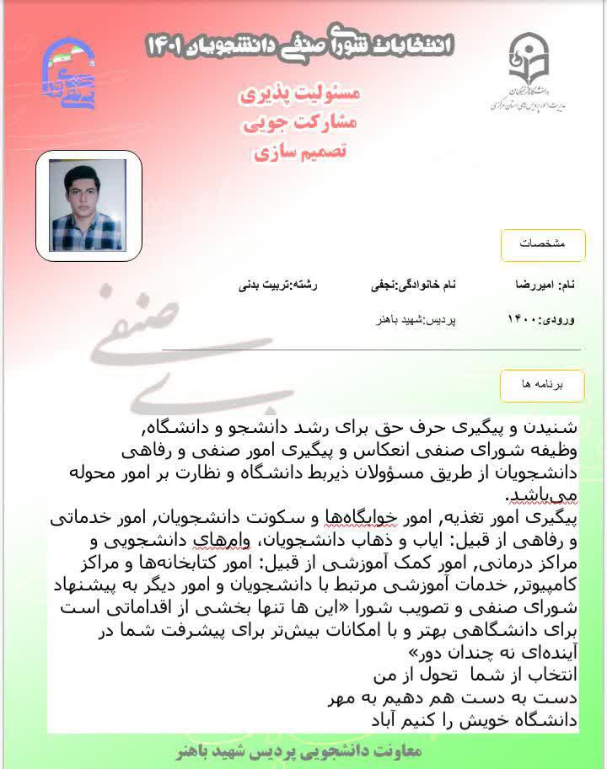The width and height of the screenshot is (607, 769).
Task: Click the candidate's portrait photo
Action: tap(88, 206)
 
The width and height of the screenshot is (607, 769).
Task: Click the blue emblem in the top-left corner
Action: tap(68, 70)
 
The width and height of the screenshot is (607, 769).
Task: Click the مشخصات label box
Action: tap(542, 244)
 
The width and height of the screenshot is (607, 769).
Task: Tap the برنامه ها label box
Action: tap(542, 384)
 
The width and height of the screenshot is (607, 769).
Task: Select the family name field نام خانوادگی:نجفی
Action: tap(413, 286)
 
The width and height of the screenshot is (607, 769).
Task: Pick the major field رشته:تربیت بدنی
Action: tap(280, 286)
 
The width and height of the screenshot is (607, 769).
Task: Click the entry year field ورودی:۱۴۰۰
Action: tap(542, 320)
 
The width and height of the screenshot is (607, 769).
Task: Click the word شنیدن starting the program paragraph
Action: tap(558, 422)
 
